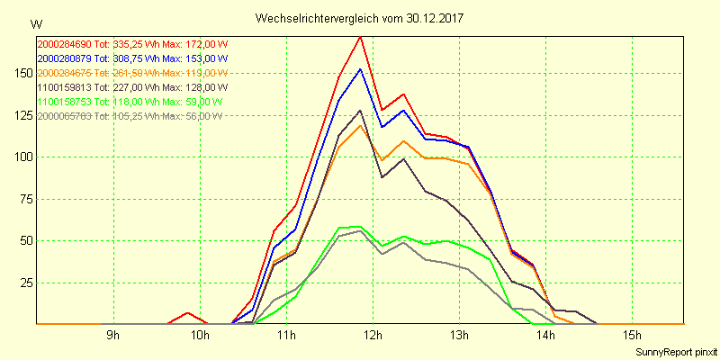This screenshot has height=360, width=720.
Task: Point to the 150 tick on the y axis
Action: (20, 73)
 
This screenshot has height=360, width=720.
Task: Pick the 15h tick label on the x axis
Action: (633, 337)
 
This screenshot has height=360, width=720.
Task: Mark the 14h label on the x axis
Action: (546, 337)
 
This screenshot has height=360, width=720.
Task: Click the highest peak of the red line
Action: (360, 36)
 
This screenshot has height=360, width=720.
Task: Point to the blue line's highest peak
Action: (360, 68)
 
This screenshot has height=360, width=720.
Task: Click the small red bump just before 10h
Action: (187, 313)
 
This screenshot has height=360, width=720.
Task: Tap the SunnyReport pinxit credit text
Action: (673, 352)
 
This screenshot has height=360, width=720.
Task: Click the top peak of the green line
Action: (360, 227)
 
